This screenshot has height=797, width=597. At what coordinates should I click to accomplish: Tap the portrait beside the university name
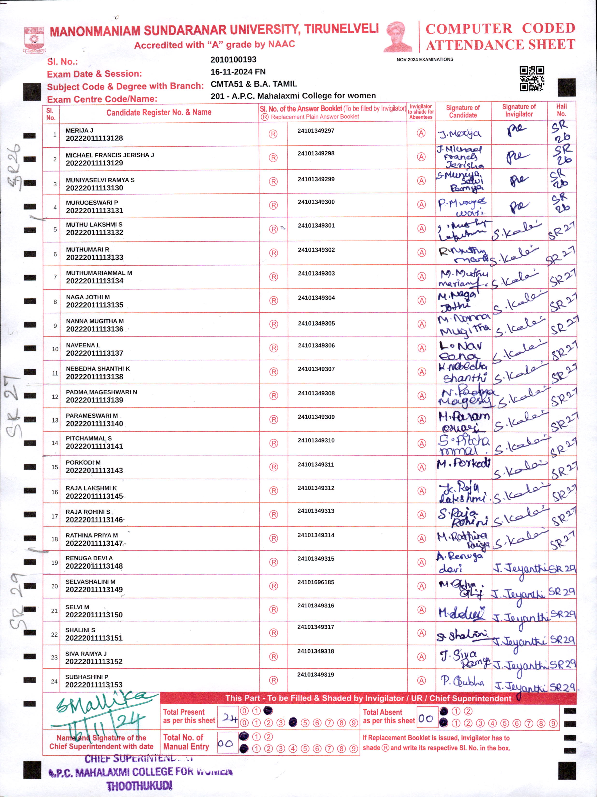coord(398,37)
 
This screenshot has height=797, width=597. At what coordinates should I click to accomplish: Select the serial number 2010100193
coord(233,59)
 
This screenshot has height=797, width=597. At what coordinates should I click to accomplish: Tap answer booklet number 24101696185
coord(316,582)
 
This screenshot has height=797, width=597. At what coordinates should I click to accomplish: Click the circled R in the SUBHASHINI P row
coord(273,680)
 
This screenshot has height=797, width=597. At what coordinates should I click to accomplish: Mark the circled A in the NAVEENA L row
coord(421,348)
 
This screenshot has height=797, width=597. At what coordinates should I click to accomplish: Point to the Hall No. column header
coord(561,110)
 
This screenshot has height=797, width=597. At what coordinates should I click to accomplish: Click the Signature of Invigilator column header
coord(519,110)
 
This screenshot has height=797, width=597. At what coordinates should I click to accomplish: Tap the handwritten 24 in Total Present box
coord(229,718)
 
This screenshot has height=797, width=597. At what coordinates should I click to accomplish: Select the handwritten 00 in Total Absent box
coord(426,718)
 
